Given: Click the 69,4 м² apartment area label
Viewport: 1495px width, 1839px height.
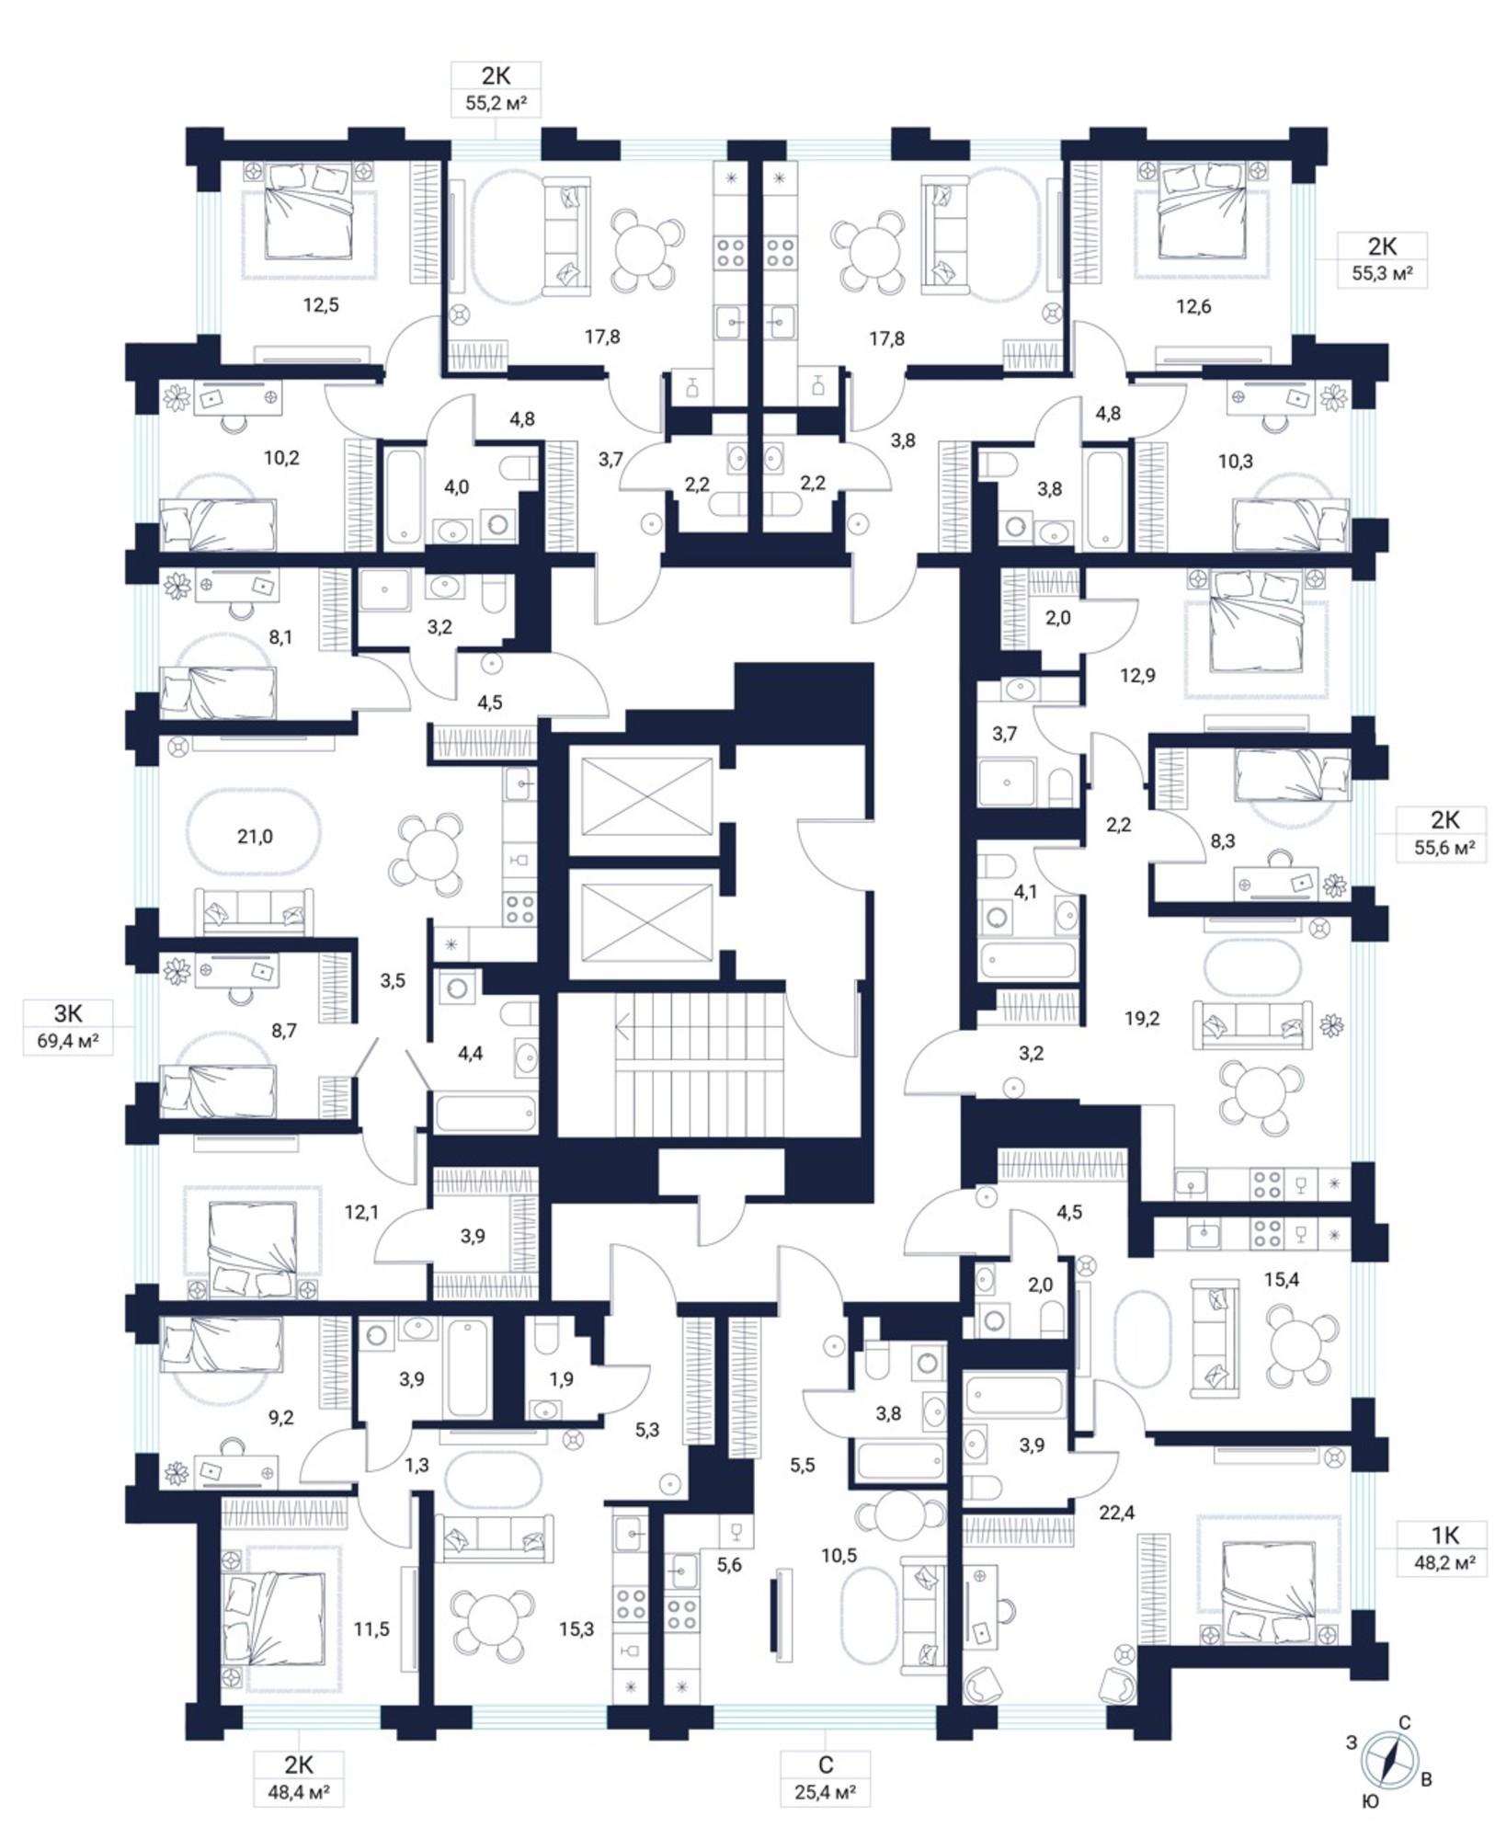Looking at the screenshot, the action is coord(68,1042).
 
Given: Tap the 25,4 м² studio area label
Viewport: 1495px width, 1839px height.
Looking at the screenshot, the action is coord(825,1792).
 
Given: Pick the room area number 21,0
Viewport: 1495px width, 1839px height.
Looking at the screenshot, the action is coord(255,836).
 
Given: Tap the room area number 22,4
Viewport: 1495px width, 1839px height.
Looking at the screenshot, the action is coord(1116,1511).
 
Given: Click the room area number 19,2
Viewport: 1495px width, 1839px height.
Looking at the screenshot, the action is coord(1141,1018).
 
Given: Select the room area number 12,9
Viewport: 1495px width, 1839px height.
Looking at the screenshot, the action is coord(1137,675).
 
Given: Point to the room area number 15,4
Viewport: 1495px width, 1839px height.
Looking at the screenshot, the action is coord(1281,1279).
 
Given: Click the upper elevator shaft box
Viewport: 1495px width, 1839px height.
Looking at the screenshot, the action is coord(648,796).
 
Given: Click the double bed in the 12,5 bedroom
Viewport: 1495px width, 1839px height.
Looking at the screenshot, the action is coord(308,211).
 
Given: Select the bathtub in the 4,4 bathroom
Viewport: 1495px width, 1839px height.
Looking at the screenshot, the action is coord(485,1114).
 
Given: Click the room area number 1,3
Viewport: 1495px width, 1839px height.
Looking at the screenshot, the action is coord(417,1465).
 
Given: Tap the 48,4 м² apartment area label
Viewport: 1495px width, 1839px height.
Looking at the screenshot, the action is coord(298,1792).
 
